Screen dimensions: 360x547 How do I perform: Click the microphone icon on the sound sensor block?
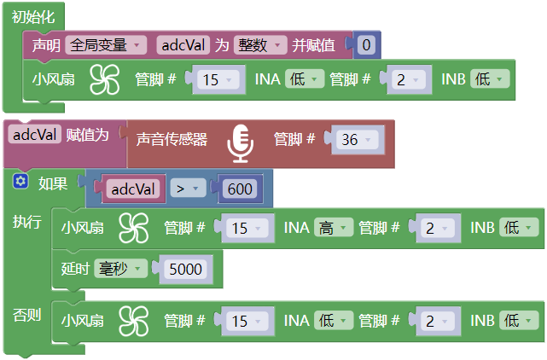pyautogui.click(x=241, y=142)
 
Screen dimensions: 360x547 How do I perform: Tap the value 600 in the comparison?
pyautogui.click(x=241, y=189)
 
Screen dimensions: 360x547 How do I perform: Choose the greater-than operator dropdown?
pyautogui.click(x=186, y=189)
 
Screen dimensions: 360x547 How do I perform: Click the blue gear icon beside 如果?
pyautogui.click(x=20, y=181)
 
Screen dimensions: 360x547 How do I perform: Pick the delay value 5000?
pyautogui.click(x=185, y=269)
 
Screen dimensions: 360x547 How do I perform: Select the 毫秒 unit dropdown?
pyautogui.click(x=119, y=269)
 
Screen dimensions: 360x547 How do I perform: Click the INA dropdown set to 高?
pyautogui.click(x=333, y=228)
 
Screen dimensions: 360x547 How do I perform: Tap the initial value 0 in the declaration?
pyautogui.click(x=365, y=45)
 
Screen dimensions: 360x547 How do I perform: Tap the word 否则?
pyautogui.click(x=26, y=315)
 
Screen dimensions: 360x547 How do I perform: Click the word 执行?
pyautogui.click(x=26, y=222)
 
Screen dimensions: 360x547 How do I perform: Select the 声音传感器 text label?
pyautogui.click(x=172, y=140)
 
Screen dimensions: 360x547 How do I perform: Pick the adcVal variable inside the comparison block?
pyautogui.click(x=133, y=189)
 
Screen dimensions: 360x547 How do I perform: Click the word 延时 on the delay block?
pyautogui.click(x=76, y=269)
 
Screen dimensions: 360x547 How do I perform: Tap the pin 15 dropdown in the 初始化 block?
pyautogui.click(x=218, y=80)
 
